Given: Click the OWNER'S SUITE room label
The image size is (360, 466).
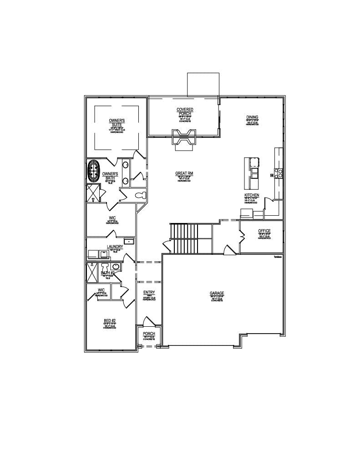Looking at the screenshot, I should click(x=117, y=122).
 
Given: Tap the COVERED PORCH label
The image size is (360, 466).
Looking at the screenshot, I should click(x=185, y=111).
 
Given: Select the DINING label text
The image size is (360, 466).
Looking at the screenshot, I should click(x=252, y=117).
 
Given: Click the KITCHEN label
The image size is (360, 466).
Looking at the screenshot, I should click(x=252, y=195).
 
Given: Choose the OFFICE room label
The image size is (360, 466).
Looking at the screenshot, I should click(x=264, y=231).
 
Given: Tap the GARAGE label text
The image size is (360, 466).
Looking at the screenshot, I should click(x=217, y=294).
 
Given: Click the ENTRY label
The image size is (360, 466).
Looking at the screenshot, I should click(x=149, y=293).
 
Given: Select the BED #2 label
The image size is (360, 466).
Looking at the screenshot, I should click(x=110, y=321).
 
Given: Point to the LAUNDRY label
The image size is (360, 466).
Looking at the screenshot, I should click(x=115, y=247).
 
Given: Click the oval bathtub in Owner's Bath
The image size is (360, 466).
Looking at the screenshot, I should click(x=94, y=171).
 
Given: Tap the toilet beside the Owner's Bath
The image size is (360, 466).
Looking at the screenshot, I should click(x=140, y=195).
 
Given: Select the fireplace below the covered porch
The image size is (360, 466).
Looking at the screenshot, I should click(x=184, y=137).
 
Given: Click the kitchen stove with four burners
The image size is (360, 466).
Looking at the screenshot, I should click(x=279, y=172).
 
